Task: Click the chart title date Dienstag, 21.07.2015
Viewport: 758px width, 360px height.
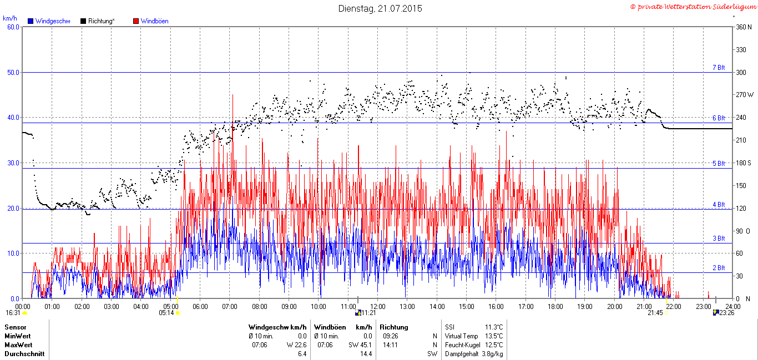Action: [x=380, y=8]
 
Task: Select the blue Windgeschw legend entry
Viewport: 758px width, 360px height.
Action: [x=49, y=21]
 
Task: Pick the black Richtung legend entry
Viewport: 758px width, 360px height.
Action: [x=98, y=21]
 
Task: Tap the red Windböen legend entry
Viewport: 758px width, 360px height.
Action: [x=151, y=21]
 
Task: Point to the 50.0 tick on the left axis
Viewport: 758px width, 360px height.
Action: [x=13, y=73]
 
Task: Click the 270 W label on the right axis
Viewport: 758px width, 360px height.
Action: [x=745, y=95]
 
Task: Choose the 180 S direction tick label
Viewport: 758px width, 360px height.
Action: [x=744, y=163]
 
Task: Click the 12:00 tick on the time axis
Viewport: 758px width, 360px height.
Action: [x=378, y=307]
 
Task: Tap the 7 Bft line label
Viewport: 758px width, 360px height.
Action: [x=719, y=68]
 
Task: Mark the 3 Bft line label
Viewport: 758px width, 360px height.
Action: [x=719, y=239]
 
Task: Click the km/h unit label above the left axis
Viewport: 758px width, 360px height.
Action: [x=10, y=18]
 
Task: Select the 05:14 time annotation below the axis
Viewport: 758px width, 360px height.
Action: [x=166, y=313]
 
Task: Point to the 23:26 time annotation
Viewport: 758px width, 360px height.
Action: [x=726, y=313]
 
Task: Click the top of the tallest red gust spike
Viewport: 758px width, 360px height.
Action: [x=233, y=95]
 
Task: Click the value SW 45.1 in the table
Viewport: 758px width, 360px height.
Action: [x=360, y=345]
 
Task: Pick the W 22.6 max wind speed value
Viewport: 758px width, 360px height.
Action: [x=296, y=345]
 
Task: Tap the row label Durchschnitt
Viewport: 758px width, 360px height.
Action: [x=24, y=354]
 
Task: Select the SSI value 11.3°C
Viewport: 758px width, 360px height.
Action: [x=494, y=327]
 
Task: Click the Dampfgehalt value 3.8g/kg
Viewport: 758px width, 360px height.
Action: [x=492, y=354]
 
